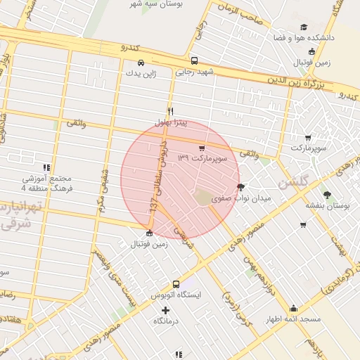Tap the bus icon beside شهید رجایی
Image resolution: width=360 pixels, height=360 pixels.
[x=194, y=61]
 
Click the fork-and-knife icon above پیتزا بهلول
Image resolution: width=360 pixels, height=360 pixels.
[x=170, y=111]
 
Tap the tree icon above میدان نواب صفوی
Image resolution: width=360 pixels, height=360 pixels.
[x=241, y=187]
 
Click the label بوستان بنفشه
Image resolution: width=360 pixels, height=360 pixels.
[x=327, y=205]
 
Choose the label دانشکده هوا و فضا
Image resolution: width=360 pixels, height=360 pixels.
[x=311, y=37]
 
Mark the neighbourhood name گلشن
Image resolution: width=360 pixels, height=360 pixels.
[x=293, y=183]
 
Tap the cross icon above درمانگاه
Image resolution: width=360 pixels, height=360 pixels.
[x=166, y=310]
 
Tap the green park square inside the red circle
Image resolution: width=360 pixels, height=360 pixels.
[x=203, y=198]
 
